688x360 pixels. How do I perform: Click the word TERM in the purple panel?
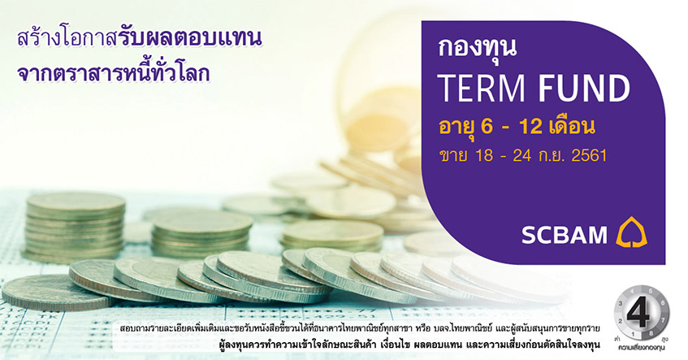tap(482, 89)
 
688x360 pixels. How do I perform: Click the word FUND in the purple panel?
tap(584, 89)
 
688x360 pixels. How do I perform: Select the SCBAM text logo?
tap(565, 235)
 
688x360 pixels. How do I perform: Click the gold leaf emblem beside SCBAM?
tap(631, 232)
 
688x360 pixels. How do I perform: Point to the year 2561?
tap(589, 155)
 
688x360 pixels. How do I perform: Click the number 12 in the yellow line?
tap(531, 127)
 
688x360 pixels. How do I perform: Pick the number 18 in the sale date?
tap(483, 155)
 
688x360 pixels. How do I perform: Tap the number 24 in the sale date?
tap(522, 155)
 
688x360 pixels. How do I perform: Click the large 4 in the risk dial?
tap(638, 314)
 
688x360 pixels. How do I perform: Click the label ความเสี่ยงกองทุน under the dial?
tap(641, 348)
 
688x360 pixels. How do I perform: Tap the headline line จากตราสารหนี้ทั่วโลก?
tap(113, 73)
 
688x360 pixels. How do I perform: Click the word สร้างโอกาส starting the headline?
tap(67, 39)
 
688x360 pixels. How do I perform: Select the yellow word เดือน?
tap(572, 127)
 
